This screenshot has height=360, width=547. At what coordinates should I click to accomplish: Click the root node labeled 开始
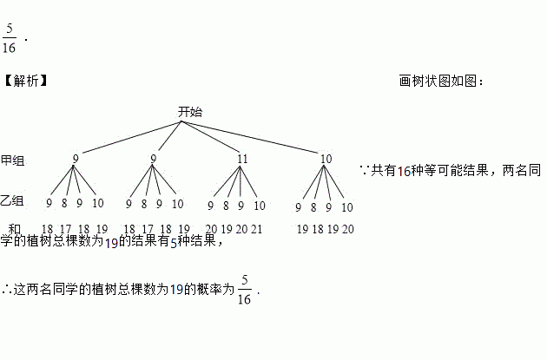coord(190,112)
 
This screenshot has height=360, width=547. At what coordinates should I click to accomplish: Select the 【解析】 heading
coord(25,81)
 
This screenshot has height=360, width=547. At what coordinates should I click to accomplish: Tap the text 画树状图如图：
coord(441,81)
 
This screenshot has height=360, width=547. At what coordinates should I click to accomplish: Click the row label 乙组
coord(13,201)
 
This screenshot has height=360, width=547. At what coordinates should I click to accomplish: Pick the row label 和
coord(14,228)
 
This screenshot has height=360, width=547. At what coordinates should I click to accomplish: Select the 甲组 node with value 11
coord(242,159)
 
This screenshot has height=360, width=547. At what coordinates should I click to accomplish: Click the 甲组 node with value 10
coord(326,159)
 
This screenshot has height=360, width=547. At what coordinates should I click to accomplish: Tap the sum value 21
coord(256,229)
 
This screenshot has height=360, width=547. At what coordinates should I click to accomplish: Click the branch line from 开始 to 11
coord(213,137)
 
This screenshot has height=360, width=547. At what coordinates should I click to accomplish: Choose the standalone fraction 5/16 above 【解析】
coord(10,38)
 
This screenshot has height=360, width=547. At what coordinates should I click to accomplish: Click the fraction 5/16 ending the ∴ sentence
coord(244,290)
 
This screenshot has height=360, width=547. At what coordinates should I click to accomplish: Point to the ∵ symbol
coord(364,171)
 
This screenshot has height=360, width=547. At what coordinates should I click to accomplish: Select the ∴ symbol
coord(7,289)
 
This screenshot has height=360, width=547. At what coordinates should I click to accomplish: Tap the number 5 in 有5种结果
coord(173,242)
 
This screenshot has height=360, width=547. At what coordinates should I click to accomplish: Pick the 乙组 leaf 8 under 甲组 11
coord(226,206)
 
